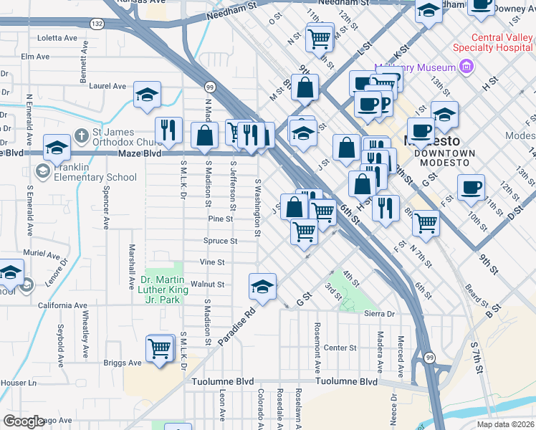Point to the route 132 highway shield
pyautogui.click(x=97, y=24)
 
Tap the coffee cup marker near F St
pyautogui.click(x=471, y=188)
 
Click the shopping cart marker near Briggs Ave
pyautogui.click(x=159, y=349)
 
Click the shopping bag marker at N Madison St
pyautogui.click(x=205, y=135)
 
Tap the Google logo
pyautogui.click(x=25, y=421)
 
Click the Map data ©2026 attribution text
pyautogui.click(x=505, y=424)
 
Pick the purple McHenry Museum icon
pyautogui.click(x=466, y=67)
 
